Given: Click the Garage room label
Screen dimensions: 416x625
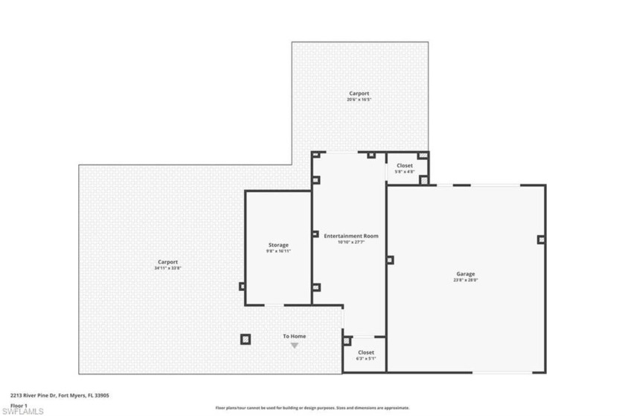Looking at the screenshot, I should [x=465, y=274].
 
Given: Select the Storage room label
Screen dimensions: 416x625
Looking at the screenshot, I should [x=278, y=245].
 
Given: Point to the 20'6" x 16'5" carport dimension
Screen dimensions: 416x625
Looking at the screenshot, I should [x=359, y=100].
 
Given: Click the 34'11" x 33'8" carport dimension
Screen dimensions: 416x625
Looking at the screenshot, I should [x=167, y=268].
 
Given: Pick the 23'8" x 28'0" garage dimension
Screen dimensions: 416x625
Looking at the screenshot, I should [x=465, y=281].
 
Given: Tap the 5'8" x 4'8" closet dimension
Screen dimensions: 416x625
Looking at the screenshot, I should [x=404, y=172].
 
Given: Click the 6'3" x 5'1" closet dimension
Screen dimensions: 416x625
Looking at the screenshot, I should [x=366, y=359].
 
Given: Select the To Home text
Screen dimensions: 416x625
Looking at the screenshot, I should [x=294, y=336].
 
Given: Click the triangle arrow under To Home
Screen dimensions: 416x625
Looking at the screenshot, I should [x=294, y=345].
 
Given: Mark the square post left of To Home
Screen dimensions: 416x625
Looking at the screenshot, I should [x=246, y=339].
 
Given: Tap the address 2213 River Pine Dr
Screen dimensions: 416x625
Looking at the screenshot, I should [x=60, y=396].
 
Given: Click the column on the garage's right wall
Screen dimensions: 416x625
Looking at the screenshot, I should [x=541, y=240].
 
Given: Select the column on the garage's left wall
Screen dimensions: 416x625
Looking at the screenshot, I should [x=390, y=260].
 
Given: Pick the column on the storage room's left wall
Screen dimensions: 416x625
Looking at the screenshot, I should [x=242, y=286].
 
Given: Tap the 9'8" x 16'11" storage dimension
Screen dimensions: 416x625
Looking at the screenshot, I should [x=278, y=252].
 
